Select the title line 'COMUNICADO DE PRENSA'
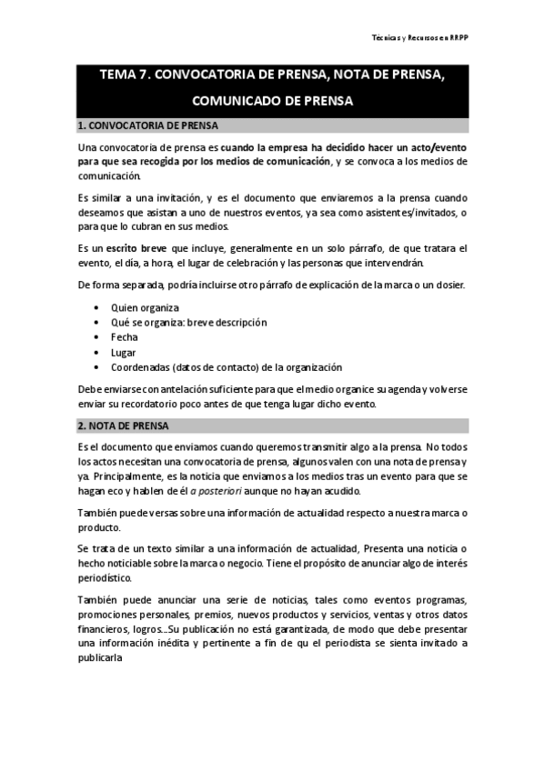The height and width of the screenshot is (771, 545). click(x=272, y=102)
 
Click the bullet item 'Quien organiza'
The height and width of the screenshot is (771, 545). click(x=145, y=306)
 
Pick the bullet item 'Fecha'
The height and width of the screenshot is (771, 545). click(x=125, y=336)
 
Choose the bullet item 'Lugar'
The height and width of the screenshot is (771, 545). click(x=124, y=352)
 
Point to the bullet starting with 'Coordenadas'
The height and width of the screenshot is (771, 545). click(x=227, y=366)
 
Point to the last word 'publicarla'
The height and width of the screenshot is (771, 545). click(x=106, y=674)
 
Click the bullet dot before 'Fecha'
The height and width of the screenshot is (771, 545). click(x=97, y=336)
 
